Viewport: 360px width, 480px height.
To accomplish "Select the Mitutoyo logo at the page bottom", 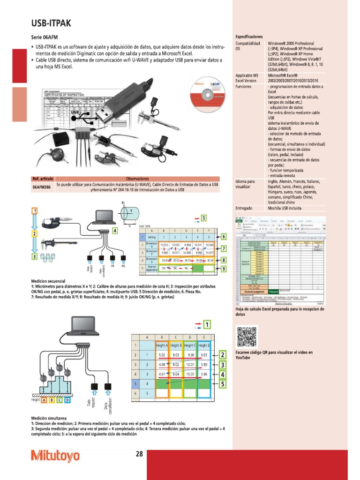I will tap(55, 456).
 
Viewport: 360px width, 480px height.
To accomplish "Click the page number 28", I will tap(139, 454).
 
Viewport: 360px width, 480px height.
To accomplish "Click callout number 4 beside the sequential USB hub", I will tap(115, 231).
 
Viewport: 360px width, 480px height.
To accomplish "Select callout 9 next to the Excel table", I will tap(224, 269).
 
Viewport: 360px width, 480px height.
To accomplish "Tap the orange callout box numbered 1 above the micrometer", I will tap(34, 211).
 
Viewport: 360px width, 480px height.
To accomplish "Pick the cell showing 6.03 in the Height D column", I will tap(203, 355).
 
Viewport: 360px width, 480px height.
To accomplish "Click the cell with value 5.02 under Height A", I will tap(162, 355).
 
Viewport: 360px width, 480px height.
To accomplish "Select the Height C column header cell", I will tap(190, 345).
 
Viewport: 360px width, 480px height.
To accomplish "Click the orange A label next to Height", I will tap(44, 400).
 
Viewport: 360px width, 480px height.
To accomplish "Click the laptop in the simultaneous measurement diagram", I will tap(84, 325).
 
